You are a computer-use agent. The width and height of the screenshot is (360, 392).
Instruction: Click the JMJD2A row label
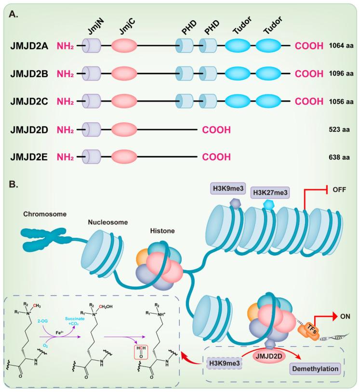coord(29,46)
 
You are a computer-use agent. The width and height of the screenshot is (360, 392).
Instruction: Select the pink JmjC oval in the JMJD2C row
coord(124,102)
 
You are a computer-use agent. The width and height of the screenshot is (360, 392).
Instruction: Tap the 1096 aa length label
coord(341,74)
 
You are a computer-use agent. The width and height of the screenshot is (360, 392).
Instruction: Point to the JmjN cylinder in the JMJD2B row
coord(92,74)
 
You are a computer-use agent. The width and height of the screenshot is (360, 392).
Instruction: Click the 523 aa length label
coord(341,130)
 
